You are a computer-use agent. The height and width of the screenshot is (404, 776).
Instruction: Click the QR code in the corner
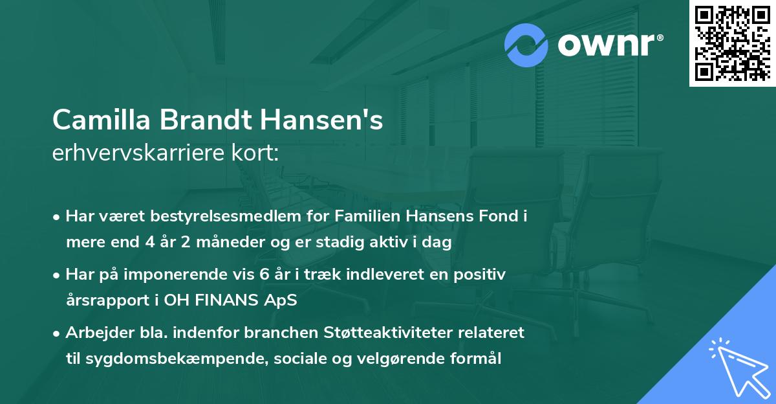click(732, 43)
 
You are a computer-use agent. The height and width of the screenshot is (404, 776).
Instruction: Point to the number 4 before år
click(144, 243)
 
